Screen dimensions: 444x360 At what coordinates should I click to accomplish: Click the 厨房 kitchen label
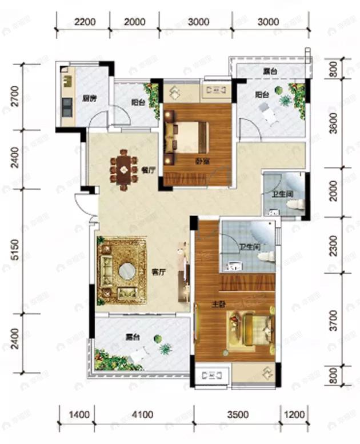coord(87,98)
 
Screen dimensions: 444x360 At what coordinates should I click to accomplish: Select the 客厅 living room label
coord(158,273)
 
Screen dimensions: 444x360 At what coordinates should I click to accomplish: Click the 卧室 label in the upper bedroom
coord(201,161)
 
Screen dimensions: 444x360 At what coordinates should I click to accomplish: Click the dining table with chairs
coord(123,168)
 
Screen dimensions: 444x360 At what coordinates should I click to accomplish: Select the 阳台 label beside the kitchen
coord(137,103)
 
